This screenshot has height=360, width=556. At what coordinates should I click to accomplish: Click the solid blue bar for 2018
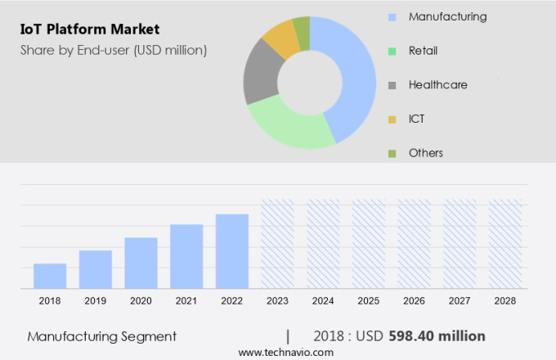click(x=50, y=276)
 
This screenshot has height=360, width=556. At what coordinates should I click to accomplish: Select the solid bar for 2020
click(x=141, y=263)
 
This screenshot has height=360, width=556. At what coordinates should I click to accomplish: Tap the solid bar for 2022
click(x=232, y=251)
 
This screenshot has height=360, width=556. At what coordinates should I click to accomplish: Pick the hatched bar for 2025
click(x=368, y=244)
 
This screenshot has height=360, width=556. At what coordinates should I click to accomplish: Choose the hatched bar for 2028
click(x=505, y=244)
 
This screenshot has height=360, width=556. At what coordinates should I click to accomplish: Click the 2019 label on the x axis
click(x=95, y=301)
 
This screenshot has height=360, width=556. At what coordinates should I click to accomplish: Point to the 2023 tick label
click(x=277, y=301)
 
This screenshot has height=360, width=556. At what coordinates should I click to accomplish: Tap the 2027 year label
click(x=460, y=301)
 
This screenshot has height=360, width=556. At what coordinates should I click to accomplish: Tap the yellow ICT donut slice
click(x=281, y=38)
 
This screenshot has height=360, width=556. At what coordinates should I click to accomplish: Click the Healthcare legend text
click(x=437, y=85)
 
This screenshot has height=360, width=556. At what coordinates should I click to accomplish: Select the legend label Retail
click(x=423, y=51)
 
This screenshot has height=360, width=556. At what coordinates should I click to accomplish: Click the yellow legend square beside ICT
click(x=392, y=119)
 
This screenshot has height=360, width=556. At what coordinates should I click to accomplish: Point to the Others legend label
click(x=426, y=153)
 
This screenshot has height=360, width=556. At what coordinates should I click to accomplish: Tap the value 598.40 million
click(x=437, y=336)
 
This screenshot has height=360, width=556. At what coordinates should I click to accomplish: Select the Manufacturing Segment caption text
click(x=101, y=336)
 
